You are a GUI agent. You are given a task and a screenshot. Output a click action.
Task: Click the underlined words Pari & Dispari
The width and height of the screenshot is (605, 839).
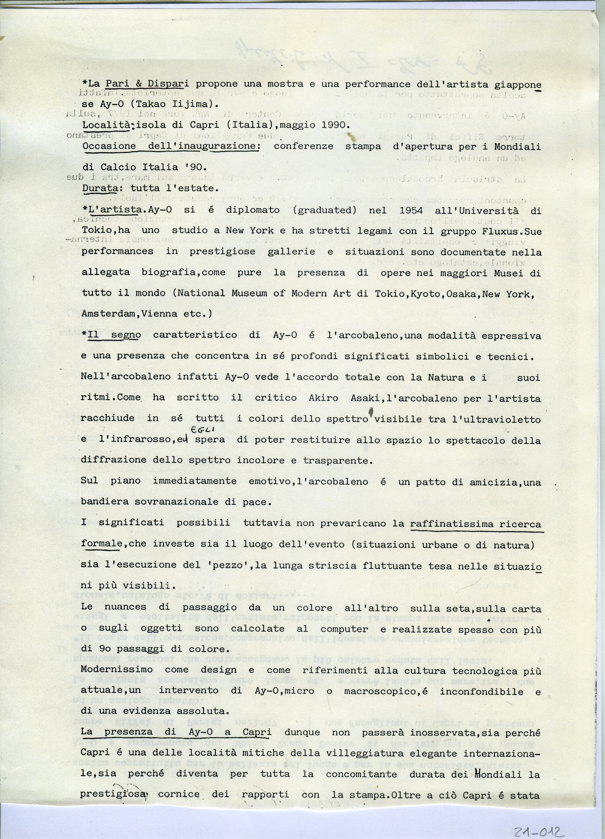[x=144, y=84]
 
